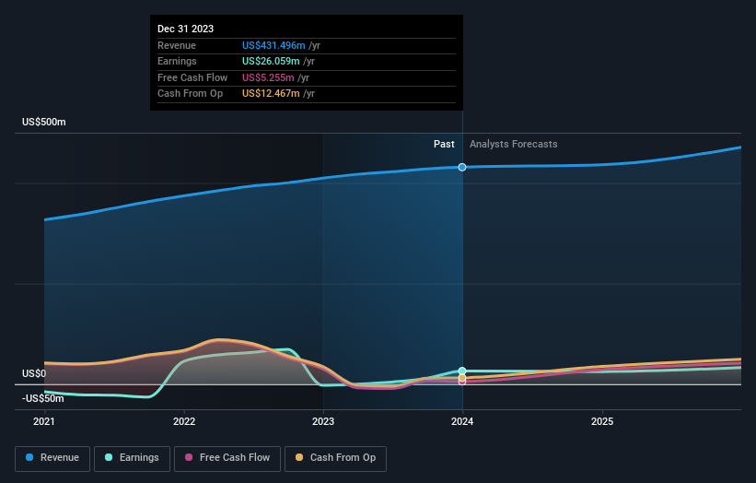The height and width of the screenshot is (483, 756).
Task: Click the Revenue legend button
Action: [x=52, y=458]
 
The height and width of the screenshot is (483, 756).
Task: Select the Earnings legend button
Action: [x=132, y=458]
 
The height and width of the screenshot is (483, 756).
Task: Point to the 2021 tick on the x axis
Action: [x=44, y=421]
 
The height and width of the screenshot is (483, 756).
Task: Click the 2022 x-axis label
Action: [x=184, y=421]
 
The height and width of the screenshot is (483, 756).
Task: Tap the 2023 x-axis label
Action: [x=323, y=421]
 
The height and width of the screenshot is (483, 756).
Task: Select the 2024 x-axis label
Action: [x=462, y=421]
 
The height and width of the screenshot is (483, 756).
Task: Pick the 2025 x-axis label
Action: [x=602, y=421]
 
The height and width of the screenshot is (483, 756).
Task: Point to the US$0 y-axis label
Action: [x=34, y=373]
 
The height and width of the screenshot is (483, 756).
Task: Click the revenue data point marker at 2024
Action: [x=462, y=167]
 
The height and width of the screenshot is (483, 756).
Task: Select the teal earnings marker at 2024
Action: [x=462, y=371]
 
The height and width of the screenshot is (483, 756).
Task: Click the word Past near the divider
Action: [x=444, y=144]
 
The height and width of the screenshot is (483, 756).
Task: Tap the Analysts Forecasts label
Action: [x=513, y=144]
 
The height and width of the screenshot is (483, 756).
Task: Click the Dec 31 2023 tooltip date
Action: [x=185, y=29]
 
